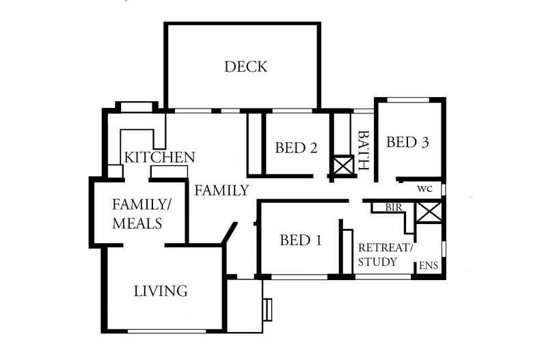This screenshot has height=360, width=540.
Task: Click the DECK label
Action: (x=245, y=67)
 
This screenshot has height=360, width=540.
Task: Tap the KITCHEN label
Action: (x=159, y=158)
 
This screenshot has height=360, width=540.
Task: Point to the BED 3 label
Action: (x=407, y=142)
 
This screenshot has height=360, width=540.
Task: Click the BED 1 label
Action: (x=301, y=240)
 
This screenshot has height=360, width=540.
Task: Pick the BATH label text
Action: (x=364, y=151)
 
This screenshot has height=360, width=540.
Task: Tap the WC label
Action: (x=426, y=189)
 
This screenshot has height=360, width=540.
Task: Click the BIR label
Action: (x=393, y=206)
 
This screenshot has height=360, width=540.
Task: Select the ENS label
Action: (x=428, y=266)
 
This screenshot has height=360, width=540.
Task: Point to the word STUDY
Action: (x=377, y=262)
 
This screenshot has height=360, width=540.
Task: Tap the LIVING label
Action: (x=161, y=292)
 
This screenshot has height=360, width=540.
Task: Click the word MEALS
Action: (x=137, y=223)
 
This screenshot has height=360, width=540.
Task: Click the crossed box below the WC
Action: (x=429, y=212)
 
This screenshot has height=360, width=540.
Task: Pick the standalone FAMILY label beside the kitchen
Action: (x=221, y=191)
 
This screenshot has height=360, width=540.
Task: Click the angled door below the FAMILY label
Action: (x=231, y=238)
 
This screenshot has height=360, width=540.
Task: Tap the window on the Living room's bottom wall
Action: (x=166, y=332)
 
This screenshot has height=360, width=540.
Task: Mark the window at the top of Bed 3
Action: (x=408, y=100)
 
